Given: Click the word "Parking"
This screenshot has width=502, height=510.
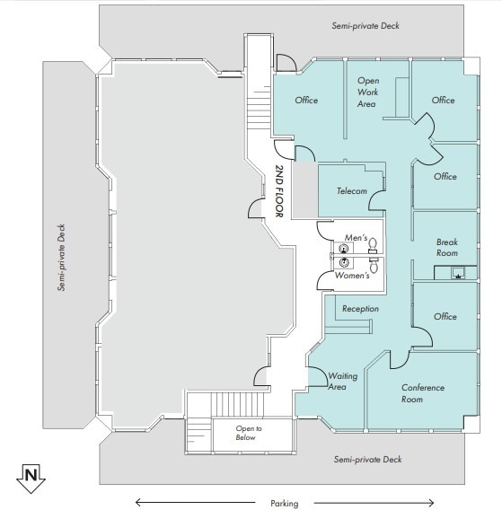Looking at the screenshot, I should pyautogui.click(x=284, y=503).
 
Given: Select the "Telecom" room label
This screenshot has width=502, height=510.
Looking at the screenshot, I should pyautogui.click(x=352, y=192).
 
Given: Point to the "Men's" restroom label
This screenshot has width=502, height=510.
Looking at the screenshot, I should pyautogui.click(x=357, y=238).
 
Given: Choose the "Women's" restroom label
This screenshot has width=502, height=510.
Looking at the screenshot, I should pyautogui.click(x=352, y=276).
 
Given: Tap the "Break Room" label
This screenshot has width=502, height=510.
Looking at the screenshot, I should pyautogui.click(x=446, y=248).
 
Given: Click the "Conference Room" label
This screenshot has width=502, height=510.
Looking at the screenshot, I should pyautogui.click(x=424, y=393).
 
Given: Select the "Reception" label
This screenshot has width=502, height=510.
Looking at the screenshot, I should pyautogui.click(x=360, y=309).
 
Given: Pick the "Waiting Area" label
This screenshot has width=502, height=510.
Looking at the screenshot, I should pyautogui.click(x=344, y=382).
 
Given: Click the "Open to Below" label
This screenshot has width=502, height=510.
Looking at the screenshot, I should pyautogui.click(x=249, y=434).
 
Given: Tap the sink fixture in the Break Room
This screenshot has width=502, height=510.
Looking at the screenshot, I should pyautogui.click(x=458, y=274).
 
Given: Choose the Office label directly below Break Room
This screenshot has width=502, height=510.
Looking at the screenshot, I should pyautogui.click(x=445, y=317).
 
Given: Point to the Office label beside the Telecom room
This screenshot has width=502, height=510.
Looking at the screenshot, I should pyautogui.click(x=445, y=177).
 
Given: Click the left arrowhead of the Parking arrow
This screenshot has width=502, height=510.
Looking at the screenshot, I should pyautogui.click(x=138, y=503).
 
